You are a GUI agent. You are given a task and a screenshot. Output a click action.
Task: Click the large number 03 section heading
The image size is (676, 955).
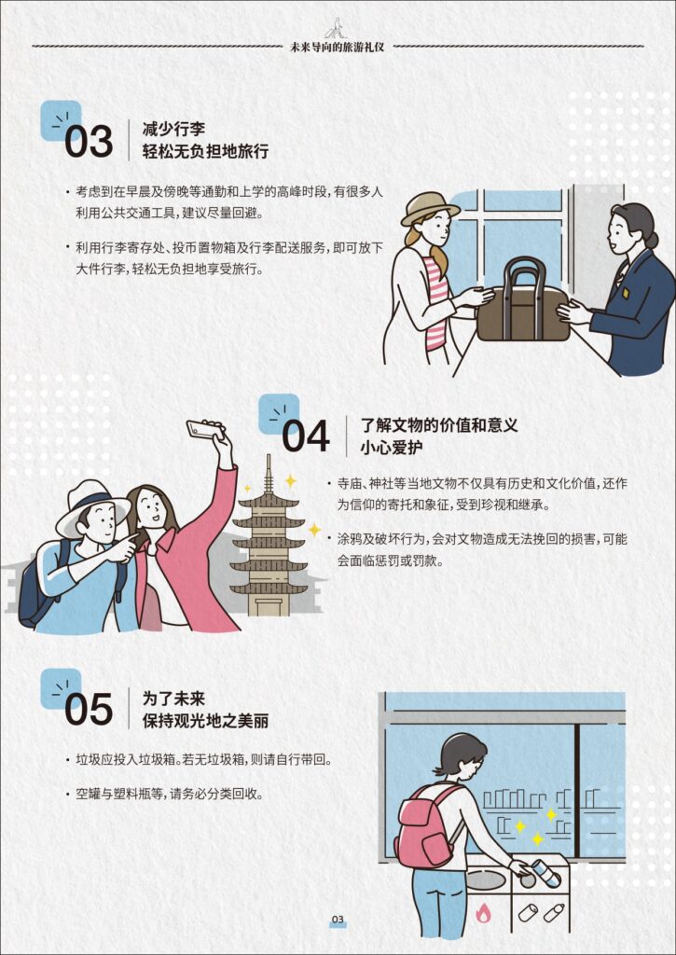(89, 142)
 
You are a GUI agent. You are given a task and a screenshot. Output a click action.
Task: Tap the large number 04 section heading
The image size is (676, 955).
(307, 436)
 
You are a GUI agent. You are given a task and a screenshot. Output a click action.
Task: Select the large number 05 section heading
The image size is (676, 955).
(89, 710)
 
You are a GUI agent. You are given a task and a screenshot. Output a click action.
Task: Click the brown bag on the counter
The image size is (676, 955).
(523, 301)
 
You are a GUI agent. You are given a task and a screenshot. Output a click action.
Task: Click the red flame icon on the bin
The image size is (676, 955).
(482, 912)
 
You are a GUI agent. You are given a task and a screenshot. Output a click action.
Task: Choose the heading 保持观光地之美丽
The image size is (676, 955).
(205, 721)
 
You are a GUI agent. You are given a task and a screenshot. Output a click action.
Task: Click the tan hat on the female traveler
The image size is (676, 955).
(429, 208)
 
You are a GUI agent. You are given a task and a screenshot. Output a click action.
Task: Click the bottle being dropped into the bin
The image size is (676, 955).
(546, 872)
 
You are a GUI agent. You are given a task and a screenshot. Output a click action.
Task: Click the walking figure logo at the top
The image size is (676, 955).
(337, 28)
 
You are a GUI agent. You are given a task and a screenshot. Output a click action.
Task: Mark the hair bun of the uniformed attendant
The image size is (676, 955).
(652, 240)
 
